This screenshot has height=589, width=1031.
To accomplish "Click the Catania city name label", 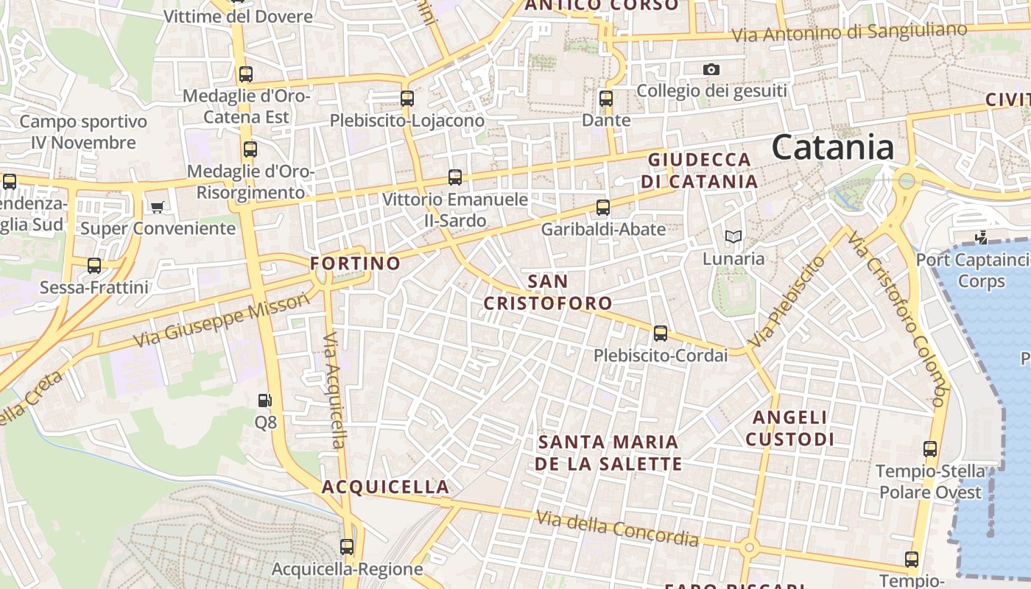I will click(833, 147).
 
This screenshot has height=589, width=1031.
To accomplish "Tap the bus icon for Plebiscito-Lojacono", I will click(407, 98).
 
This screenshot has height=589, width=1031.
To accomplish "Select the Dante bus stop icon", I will click(605, 98).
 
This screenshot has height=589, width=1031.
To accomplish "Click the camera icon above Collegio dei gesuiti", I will click(711, 69).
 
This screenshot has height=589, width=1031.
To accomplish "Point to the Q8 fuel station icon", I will click(265, 401).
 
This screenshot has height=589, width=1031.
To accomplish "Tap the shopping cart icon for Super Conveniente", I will click(157, 207).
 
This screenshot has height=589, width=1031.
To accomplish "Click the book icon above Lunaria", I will click(733, 236).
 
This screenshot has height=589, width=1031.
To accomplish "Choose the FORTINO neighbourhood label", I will click(356, 263).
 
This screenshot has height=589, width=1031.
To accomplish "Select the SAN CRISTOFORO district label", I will click(548, 292).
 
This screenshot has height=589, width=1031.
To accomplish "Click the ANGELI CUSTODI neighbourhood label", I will click(790, 428).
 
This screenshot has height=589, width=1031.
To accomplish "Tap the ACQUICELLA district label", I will click(385, 487).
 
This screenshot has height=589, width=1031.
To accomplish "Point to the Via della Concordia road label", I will click(617, 529).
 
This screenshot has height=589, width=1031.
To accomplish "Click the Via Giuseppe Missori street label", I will click(222, 321).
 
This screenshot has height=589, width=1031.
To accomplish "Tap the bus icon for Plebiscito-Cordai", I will click(661, 334).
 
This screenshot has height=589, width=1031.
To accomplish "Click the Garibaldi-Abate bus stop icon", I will click(603, 208).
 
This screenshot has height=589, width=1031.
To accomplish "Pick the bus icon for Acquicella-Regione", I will click(347, 547).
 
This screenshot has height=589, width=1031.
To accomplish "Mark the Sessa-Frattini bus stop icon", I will click(94, 266).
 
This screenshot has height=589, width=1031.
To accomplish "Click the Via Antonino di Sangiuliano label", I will click(849, 32).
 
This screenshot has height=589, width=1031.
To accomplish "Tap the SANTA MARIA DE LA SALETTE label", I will click(608, 453).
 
